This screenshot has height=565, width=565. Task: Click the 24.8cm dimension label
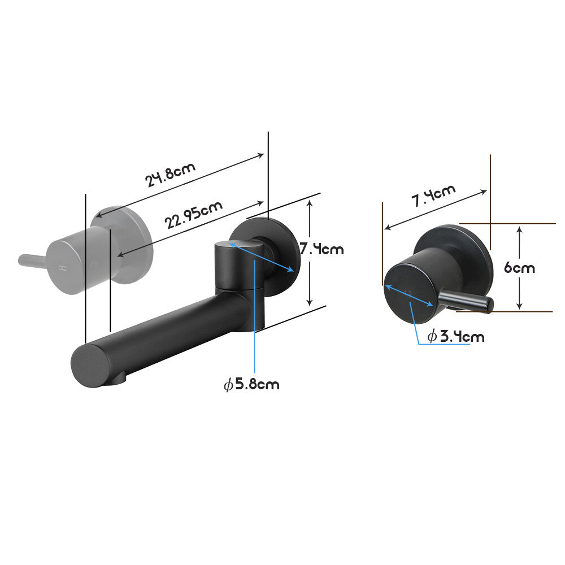pos(171,175)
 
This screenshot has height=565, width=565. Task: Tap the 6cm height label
pos(519,267)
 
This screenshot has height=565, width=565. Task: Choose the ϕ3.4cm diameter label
pos(455,337)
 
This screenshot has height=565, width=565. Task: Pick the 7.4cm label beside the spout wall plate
pos(321,248)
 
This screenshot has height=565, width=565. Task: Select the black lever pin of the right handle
pos(466,301)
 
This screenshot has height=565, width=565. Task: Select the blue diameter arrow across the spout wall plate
pos(262,258)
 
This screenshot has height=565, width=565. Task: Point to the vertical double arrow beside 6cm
pos(519,267)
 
